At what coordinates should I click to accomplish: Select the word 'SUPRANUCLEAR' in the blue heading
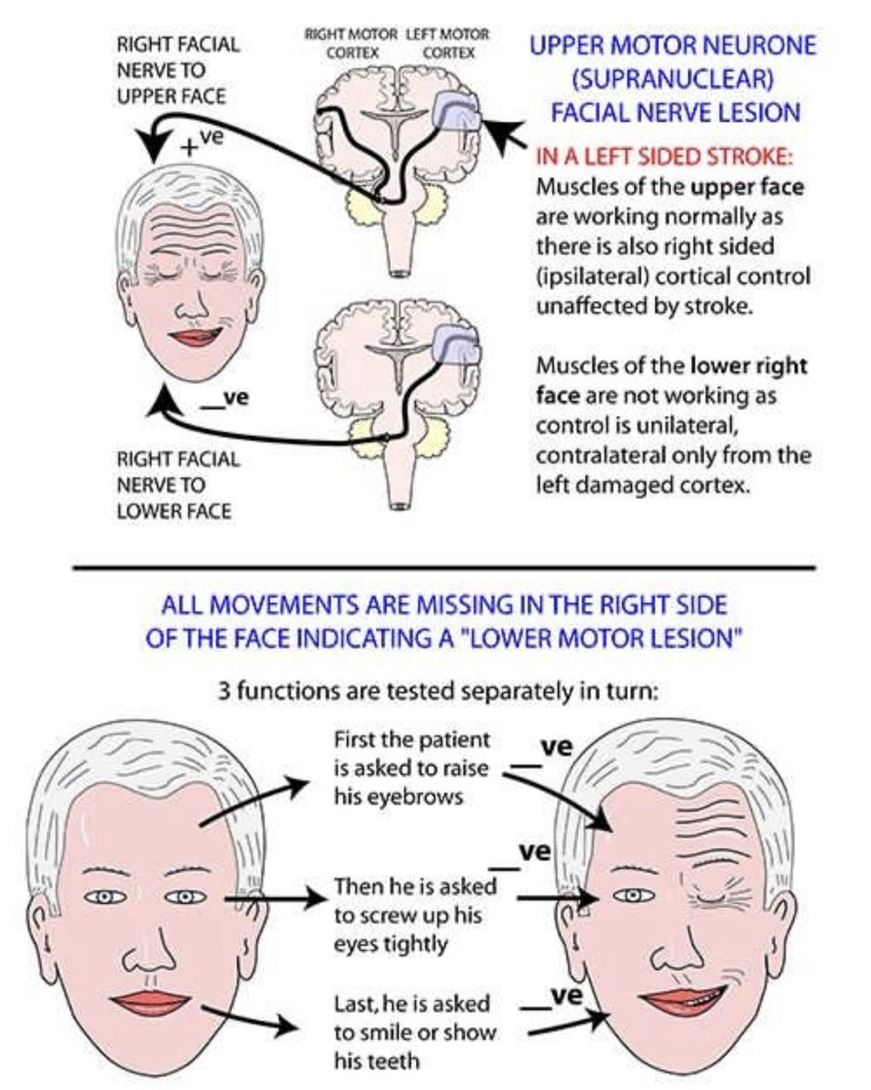[x=672, y=78]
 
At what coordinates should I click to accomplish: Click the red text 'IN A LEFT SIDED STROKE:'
[x=665, y=156]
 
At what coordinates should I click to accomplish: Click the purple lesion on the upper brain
[x=459, y=114]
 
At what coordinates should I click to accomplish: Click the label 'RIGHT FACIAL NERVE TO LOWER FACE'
[x=178, y=485]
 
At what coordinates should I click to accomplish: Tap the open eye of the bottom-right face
[x=634, y=896]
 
